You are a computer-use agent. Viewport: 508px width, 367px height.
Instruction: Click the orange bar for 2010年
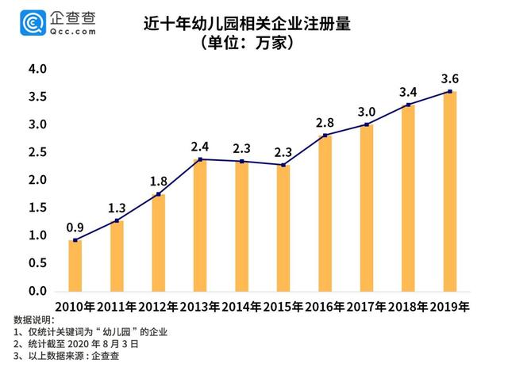pos(75,265)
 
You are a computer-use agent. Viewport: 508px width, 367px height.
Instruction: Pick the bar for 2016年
pos(325,213)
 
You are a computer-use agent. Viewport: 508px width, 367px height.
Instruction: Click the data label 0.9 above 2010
pos(75,226)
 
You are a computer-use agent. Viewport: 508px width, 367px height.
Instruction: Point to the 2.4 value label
pos(199,146)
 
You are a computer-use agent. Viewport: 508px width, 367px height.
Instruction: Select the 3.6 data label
pos(450,78)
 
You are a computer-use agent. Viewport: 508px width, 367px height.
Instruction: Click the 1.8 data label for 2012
pos(159,180)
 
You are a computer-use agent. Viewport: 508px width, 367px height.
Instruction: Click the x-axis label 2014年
pos(241,306)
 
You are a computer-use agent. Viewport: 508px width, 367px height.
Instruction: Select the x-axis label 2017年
pos(367,306)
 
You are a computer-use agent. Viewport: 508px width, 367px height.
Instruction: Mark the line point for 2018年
pos(408,105)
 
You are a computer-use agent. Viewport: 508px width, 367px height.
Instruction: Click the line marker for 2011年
pos(117,221)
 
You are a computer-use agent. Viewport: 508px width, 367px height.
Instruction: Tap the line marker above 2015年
pos(283,165)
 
